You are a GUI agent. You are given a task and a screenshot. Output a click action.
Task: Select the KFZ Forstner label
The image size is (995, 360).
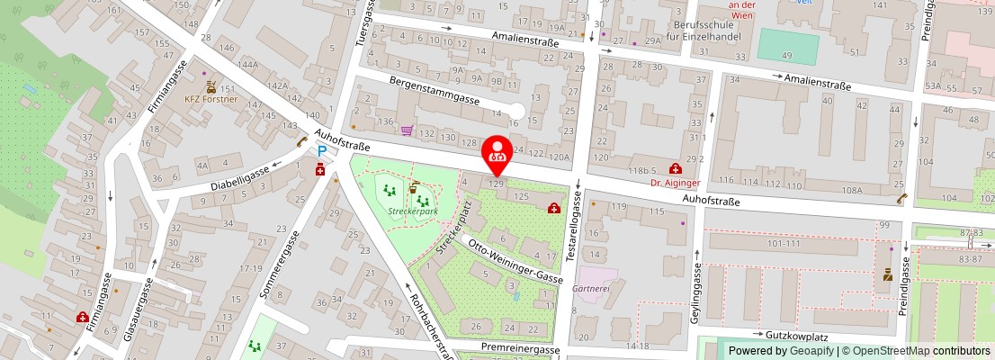pyautogui.click(x=210, y=99)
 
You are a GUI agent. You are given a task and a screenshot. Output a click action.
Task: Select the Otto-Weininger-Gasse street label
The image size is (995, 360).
pyautogui.click(x=511, y=262)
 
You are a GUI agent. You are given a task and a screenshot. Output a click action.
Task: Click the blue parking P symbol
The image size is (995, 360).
pyautogui.click(x=320, y=153)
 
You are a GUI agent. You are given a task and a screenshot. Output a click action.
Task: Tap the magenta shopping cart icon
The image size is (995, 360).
pyautogui.click(x=407, y=130)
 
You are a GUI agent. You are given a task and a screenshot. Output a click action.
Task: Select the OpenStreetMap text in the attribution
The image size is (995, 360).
pyautogui.click(x=886, y=351)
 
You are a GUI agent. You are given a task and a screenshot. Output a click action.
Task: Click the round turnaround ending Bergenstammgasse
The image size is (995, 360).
pyautogui.click(x=514, y=112)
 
